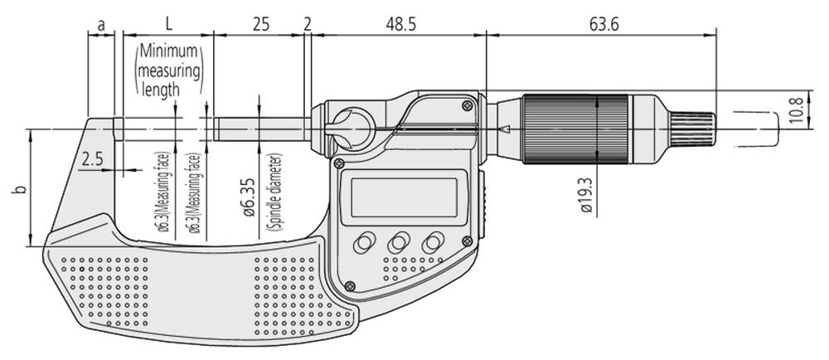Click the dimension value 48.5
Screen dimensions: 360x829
tap(400, 25)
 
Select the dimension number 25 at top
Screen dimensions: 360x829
tap(259, 25)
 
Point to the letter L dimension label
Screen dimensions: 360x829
tap(167, 25)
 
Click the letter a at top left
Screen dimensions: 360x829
tap(101, 25)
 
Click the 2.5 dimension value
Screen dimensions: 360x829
tap(92, 159)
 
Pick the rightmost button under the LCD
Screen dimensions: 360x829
tap(432, 243)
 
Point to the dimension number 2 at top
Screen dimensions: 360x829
tap(308, 25)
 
